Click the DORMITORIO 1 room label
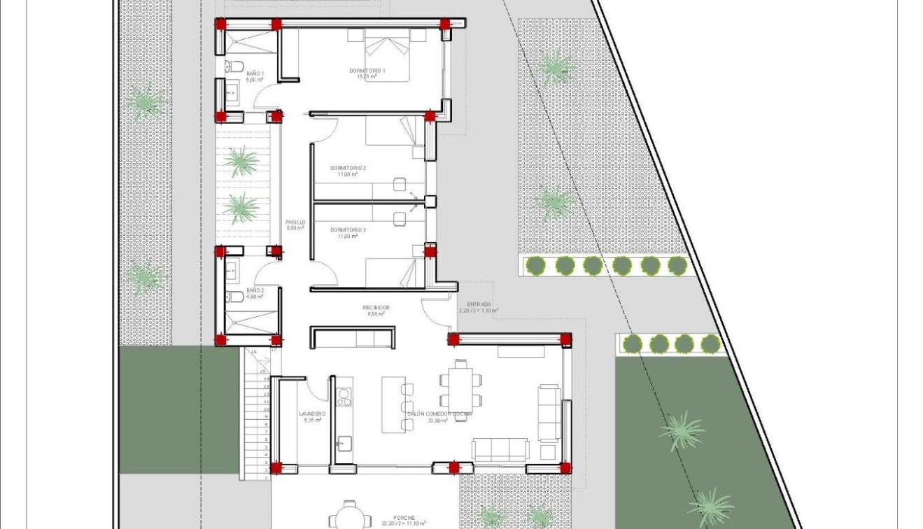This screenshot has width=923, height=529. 367,71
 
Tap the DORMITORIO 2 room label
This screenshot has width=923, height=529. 348,168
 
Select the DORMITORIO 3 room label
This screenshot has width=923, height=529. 348,230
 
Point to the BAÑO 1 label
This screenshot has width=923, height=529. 255,73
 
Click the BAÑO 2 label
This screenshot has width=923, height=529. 255,290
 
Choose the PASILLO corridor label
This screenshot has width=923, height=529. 295,223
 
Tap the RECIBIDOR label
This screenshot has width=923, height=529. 376,308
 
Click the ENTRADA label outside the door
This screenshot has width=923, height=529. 479,304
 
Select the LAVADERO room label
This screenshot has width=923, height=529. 312,414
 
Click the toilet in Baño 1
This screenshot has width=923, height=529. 234,66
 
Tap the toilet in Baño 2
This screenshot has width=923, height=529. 234,297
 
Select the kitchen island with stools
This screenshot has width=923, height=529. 393,404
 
